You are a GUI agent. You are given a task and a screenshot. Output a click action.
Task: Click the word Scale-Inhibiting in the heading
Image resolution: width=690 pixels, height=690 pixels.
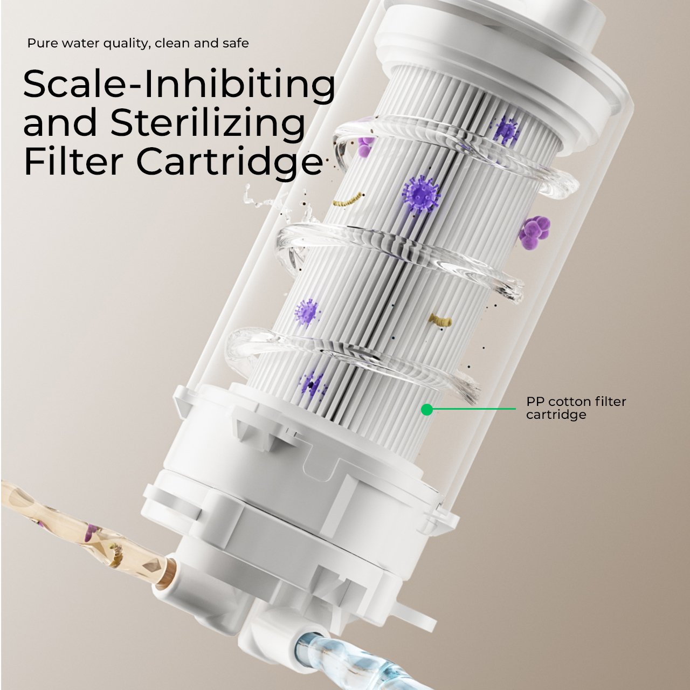pyautogui.click(x=179, y=85)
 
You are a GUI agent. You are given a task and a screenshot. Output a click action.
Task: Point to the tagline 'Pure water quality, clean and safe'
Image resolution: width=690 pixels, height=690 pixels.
pyautogui.click(x=138, y=43)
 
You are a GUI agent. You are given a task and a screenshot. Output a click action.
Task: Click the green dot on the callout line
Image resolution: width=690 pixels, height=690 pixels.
pyautogui.click(x=426, y=409)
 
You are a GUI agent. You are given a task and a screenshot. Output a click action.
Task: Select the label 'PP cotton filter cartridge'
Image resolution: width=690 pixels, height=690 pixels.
pyautogui.click(x=576, y=408)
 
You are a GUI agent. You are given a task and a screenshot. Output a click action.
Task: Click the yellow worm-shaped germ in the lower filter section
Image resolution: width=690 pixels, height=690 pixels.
pyautogui.click(x=440, y=320)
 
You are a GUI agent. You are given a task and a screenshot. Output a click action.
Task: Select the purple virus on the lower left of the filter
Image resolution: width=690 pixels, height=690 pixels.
pyautogui.click(x=307, y=312)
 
